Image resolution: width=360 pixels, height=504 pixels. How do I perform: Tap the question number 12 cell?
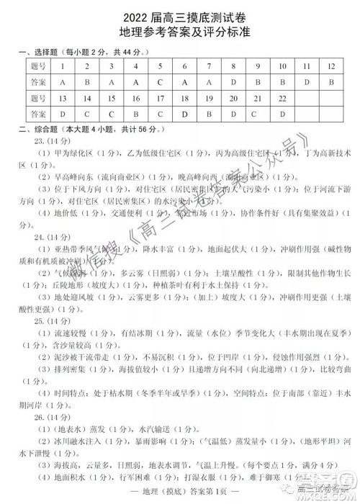point(330,66)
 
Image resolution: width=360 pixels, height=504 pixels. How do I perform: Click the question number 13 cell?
point(63,97)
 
